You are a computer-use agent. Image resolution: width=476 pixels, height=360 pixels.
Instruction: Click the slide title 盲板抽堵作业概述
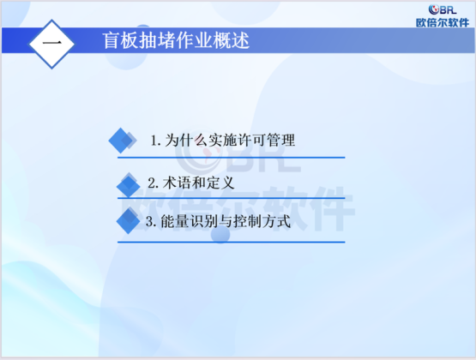point(176,40)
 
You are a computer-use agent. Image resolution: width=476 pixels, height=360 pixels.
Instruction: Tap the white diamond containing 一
point(51,44)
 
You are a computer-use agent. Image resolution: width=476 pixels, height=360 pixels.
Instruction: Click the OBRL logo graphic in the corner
point(443,9)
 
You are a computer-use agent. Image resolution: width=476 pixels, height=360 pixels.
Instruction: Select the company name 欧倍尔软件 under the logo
point(443,23)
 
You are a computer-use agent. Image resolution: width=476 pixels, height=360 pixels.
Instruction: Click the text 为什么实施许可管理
point(230,140)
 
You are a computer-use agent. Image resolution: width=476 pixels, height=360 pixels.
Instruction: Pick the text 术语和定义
point(198,183)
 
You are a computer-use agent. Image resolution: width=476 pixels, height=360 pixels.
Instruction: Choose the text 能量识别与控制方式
point(226,221)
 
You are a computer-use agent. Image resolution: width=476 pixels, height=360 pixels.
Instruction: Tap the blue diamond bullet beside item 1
point(123,141)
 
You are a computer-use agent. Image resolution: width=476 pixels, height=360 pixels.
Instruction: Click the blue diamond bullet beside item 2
point(129,184)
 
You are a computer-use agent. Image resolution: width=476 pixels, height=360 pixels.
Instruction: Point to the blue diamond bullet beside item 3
point(128,220)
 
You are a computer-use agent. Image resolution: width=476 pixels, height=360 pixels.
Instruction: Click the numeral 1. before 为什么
point(156,141)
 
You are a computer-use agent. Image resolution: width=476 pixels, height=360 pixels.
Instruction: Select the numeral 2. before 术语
point(153,183)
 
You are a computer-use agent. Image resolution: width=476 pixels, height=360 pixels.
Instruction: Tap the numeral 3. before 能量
point(151,221)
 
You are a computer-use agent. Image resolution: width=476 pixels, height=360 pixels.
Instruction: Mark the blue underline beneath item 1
point(232,158)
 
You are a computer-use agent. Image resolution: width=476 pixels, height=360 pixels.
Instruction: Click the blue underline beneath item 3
point(232,243)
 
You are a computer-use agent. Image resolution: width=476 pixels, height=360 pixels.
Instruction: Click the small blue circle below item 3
point(220,234)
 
